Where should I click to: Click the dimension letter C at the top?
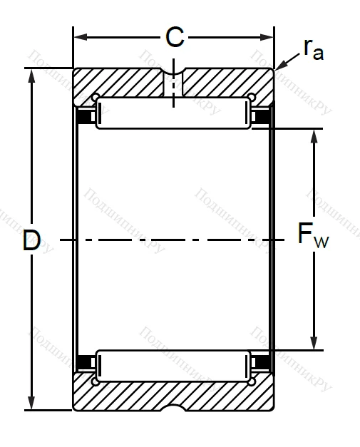pos(175,36)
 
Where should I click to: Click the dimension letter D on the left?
pos(31,241)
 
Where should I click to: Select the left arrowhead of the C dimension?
pos(78,36)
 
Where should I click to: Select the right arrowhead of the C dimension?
pos(270,36)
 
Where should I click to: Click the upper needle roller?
pos(173,114)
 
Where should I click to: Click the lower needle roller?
pos(173,364)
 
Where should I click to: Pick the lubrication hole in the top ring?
pos(173,84)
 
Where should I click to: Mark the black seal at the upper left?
pos(86,115)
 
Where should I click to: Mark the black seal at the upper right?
pos(262,115)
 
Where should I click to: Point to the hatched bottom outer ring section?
pos(128,396)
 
